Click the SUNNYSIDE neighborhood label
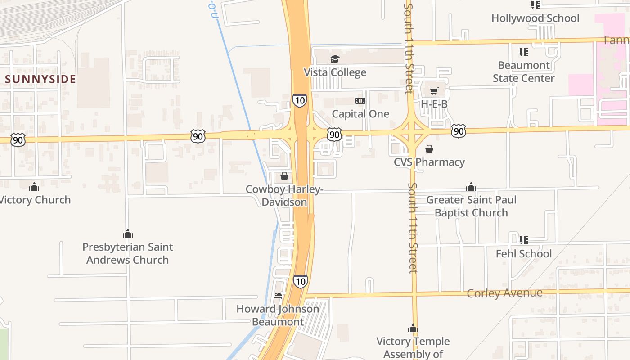(40, 79)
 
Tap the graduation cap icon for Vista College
(335, 59)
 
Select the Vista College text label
(335, 72)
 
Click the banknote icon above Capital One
(360, 100)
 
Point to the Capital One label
(360, 114)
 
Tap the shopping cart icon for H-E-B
(434, 91)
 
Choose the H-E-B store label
(434, 104)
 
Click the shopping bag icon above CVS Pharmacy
(429, 149)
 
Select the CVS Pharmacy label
(429, 162)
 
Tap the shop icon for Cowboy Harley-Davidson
(284, 176)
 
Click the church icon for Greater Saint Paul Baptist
(471, 187)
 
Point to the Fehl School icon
(523, 240)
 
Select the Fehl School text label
(523, 254)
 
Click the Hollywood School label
(535, 18)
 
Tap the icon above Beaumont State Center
(523, 52)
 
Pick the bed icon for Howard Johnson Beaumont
(278, 296)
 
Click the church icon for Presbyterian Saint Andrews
(128, 234)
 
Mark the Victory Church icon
(34, 187)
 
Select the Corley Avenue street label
(504, 293)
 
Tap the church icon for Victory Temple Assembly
(413, 328)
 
